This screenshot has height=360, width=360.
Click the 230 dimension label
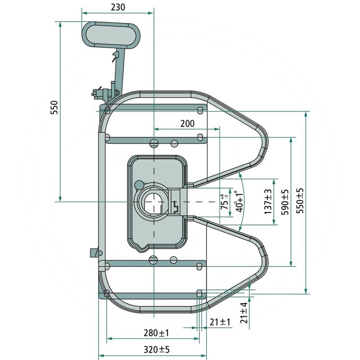[x=118, y=7]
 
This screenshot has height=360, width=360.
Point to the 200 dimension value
[x=187, y=123]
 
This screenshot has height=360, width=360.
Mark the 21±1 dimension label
[x=220, y=322]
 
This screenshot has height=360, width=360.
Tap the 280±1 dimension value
[x=157, y=333]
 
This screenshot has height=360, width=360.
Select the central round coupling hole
[x=153, y=202]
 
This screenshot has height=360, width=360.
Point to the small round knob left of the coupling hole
[x=139, y=184]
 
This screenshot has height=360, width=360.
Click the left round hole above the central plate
[x=153, y=144]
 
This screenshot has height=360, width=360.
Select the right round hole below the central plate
[x=174, y=259]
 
